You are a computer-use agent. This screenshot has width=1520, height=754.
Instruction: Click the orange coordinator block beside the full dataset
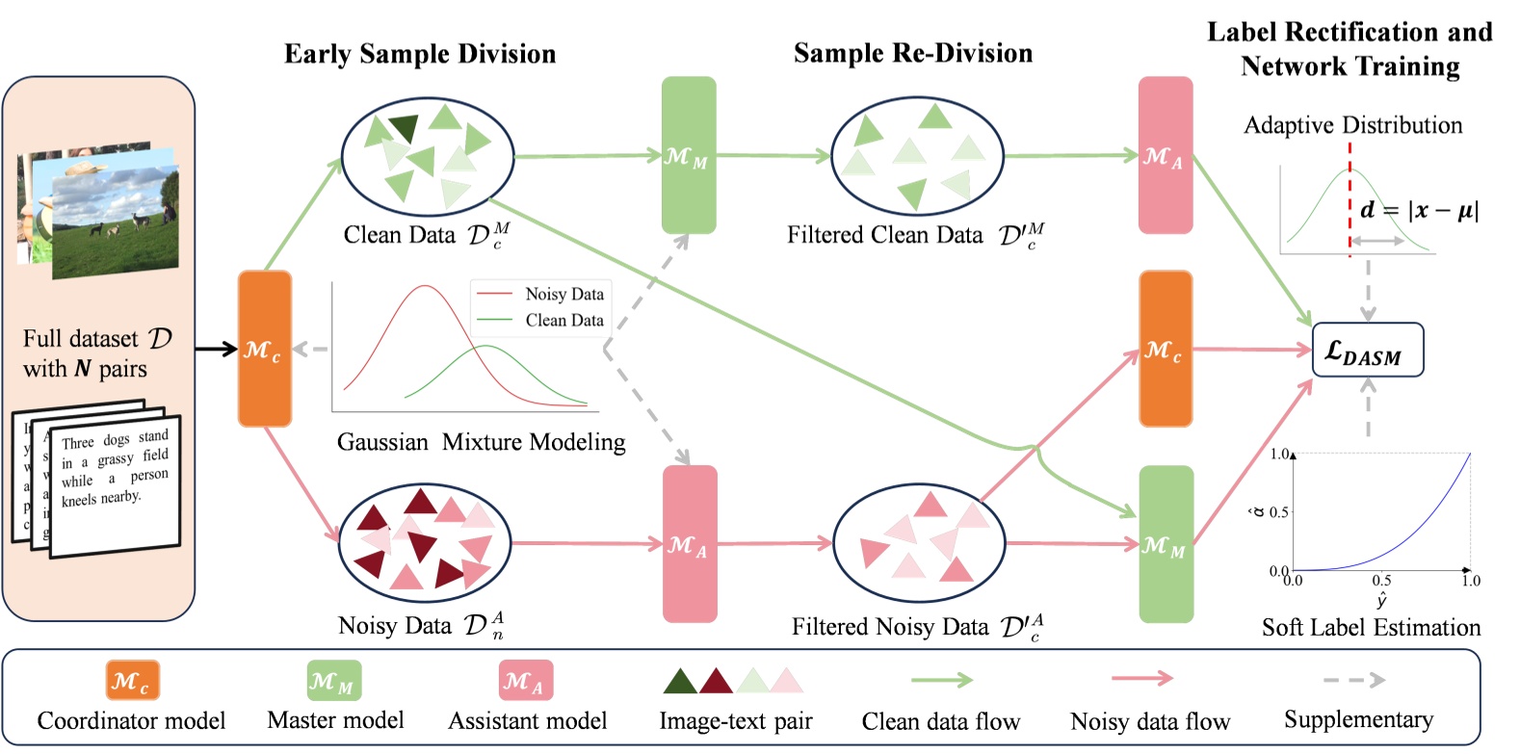click(x=264, y=349)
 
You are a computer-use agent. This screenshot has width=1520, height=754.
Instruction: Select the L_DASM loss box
click(x=1367, y=351)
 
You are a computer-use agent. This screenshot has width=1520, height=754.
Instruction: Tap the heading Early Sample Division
click(x=420, y=54)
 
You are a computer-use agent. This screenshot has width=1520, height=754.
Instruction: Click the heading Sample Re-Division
click(x=912, y=54)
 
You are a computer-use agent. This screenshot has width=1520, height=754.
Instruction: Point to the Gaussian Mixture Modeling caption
click(x=481, y=442)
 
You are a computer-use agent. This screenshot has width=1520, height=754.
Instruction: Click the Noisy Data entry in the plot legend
click(x=563, y=295)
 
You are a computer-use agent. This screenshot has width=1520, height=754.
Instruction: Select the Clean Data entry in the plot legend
click(x=563, y=321)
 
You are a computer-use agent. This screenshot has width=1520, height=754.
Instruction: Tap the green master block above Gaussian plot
click(x=688, y=155)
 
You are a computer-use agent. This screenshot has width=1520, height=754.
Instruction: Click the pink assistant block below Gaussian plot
click(x=689, y=545)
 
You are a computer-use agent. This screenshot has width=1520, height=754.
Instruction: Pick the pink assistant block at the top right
click(x=1165, y=155)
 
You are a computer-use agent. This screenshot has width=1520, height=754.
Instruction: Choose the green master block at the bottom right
click(x=1166, y=545)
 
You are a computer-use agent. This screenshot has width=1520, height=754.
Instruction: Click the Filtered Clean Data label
click(x=884, y=236)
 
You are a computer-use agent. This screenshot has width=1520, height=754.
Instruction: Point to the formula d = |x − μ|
click(x=1419, y=211)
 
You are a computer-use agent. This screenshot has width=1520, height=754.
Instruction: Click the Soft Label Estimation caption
click(x=1371, y=628)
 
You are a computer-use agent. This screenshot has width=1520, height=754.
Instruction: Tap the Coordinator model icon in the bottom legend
click(x=132, y=681)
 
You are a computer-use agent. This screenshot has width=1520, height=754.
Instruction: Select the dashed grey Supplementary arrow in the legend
click(x=1353, y=681)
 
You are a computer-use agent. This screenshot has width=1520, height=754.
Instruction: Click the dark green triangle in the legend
click(x=679, y=682)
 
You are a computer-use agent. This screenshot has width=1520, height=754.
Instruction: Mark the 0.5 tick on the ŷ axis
click(x=1380, y=580)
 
